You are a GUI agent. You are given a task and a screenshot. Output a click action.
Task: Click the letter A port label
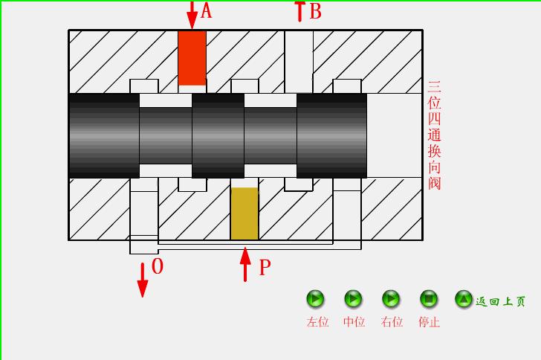pyautogui.click(x=207, y=11)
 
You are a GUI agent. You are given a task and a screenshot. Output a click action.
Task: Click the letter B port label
pyautogui.click(x=315, y=12)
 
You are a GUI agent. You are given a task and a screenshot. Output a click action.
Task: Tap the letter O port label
pyautogui.click(x=158, y=266)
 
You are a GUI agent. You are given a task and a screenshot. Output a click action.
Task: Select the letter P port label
pyautogui.click(x=265, y=268)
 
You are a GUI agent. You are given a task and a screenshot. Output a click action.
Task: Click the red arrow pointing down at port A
pyautogui.click(x=192, y=15)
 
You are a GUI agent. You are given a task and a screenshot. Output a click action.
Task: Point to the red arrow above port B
pyautogui.click(x=299, y=10)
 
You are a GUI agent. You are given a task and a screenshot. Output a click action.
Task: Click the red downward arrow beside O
pyautogui.click(x=142, y=279)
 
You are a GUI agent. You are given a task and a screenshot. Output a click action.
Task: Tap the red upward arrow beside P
pyautogui.click(x=245, y=265)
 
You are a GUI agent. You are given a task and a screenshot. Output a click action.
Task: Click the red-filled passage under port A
pyautogui.click(x=192, y=58)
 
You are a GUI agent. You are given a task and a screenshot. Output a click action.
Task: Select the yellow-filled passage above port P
pyautogui.click(x=244, y=213)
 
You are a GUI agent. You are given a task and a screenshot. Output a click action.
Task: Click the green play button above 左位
pyautogui.click(x=316, y=299)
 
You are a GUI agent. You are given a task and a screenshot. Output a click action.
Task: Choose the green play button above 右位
pyautogui.click(x=391, y=299)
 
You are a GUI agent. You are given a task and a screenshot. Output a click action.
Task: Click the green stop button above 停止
pyautogui.click(x=429, y=299)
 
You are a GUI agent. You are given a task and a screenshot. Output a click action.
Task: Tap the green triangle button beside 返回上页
pyautogui.click(x=464, y=299)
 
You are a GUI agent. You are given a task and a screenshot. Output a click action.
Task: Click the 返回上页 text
pyautogui.click(x=501, y=301)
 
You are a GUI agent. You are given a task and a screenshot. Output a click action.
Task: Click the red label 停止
pyautogui.click(x=429, y=322)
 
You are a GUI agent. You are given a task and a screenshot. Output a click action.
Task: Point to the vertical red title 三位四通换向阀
pyautogui.click(x=435, y=135)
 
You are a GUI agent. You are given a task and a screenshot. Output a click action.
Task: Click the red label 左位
pyautogui.click(x=317, y=322)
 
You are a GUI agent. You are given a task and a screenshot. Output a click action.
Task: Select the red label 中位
pyautogui.click(x=354, y=322)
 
